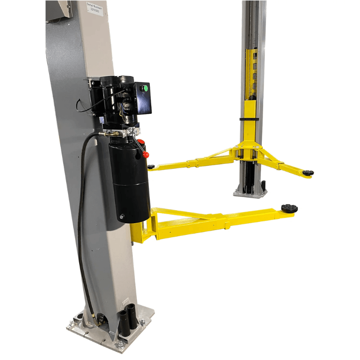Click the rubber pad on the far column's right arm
pyautogui.click(x=308, y=172)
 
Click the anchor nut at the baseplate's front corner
pyautogui.click(x=121, y=345)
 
